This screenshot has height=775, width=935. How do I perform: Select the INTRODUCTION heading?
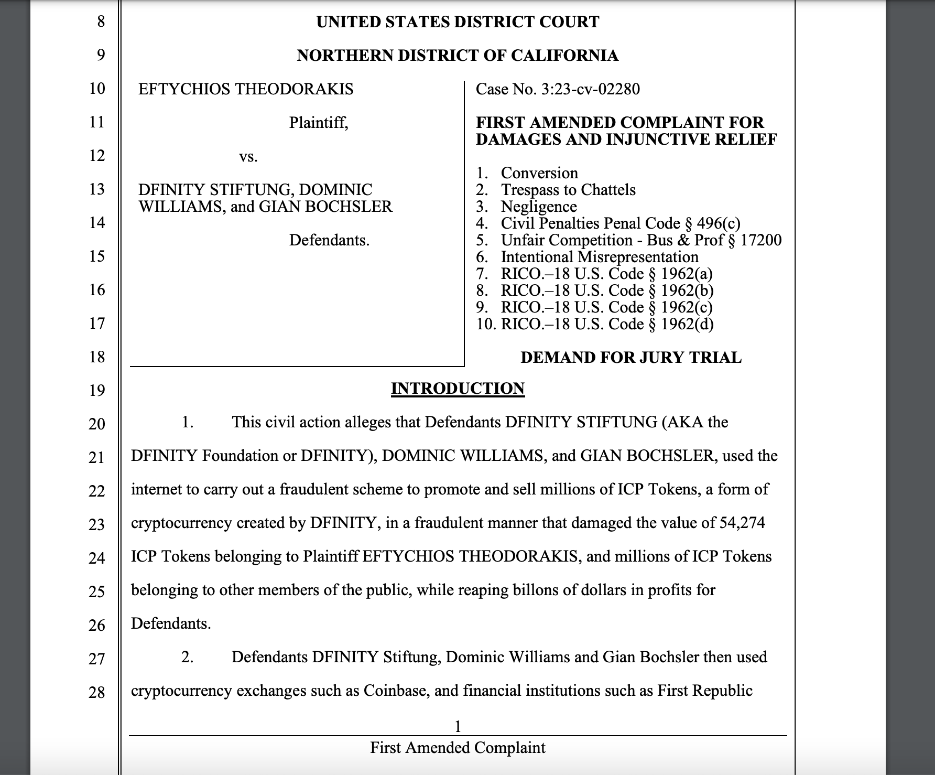click(458, 389)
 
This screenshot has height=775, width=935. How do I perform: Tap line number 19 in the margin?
click(97, 390)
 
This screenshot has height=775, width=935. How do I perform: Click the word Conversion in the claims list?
click(539, 173)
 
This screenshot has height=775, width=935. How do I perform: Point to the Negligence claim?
click(539, 207)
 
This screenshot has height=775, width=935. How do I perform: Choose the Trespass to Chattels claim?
click(568, 190)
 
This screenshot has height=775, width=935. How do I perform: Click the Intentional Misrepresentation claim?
click(600, 257)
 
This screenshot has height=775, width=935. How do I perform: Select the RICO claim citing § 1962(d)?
click(607, 324)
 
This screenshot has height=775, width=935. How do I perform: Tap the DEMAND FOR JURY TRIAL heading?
click(631, 358)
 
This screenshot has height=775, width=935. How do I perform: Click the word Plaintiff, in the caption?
click(319, 123)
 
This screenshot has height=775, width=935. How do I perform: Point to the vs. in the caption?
click(248, 156)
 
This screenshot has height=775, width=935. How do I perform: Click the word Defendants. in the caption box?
click(329, 240)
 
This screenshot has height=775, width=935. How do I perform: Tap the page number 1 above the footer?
click(458, 726)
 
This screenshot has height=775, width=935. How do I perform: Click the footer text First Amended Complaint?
click(458, 748)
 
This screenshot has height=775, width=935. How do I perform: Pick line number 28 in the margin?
click(97, 692)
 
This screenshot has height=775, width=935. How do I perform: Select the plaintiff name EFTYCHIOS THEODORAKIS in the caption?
click(246, 89)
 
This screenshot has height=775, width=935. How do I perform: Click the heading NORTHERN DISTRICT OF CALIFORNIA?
click(458, 56)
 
